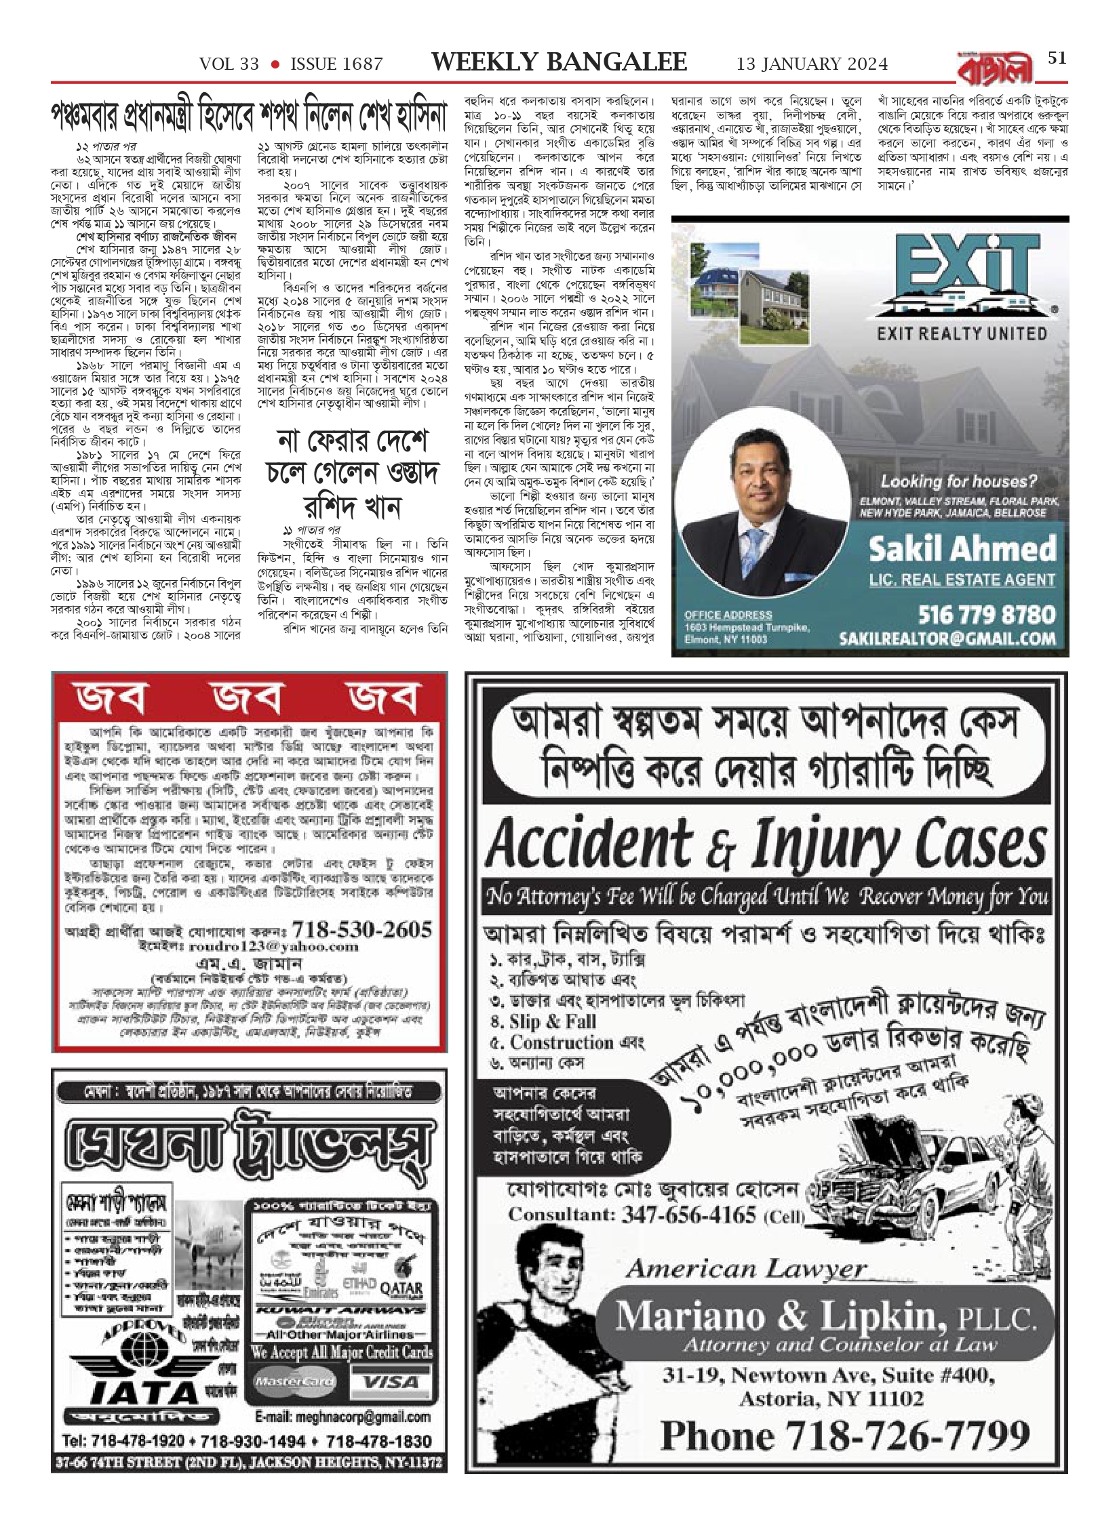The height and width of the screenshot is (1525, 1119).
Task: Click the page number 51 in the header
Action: tap(1057, 58)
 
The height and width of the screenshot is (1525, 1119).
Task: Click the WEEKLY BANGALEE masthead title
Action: tap(559, 62)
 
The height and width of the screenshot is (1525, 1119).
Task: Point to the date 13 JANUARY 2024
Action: tap(812, 64)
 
